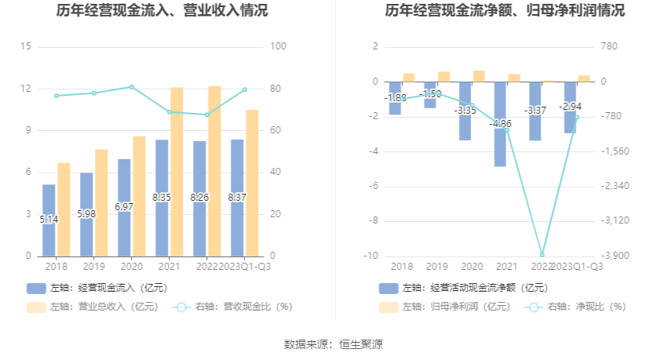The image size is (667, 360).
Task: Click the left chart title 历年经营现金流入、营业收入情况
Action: click(162, 11)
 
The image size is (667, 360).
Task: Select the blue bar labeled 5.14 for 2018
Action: click(49, 220)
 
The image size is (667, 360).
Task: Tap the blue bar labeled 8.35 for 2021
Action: click(162, 198)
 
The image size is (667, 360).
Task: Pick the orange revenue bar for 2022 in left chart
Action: click(214, 171)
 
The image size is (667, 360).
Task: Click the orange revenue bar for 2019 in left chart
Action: click(101, 202)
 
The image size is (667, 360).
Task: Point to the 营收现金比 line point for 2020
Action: click(131, 87)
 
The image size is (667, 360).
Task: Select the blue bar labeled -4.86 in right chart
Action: click(500, 141)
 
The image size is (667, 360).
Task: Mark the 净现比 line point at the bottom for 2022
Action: click(541, 254)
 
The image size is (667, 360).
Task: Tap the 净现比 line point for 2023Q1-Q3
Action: click(577, 117)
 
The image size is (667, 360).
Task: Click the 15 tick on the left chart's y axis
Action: click(26, 47)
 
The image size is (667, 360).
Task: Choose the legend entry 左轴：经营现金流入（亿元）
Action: click(97, 288)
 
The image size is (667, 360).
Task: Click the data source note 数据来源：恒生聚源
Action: click(333, 344)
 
